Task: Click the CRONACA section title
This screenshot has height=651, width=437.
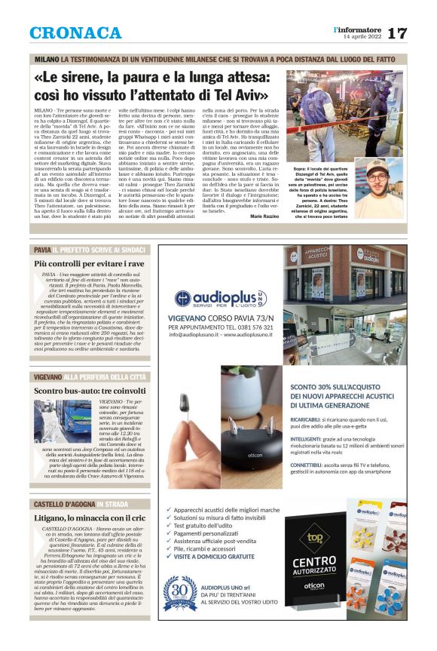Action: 75,33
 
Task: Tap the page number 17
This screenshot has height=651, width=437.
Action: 397,33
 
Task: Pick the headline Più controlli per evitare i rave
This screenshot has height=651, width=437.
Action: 89,264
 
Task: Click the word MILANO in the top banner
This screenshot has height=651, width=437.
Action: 46,59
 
